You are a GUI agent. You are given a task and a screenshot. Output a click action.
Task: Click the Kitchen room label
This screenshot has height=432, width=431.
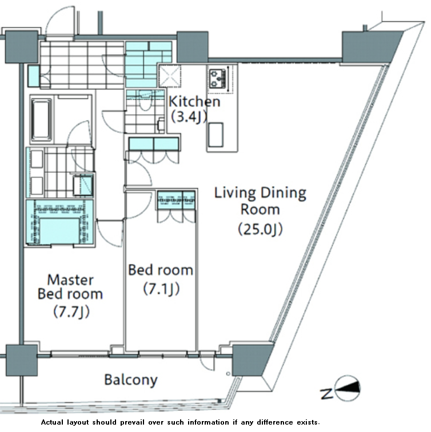(194, 102)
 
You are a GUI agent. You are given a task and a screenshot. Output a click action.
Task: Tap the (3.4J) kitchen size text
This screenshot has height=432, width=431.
(189, 117)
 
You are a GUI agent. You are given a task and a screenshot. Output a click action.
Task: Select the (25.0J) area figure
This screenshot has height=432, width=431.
(260, 229)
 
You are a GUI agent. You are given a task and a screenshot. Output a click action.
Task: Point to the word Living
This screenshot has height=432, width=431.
(235, 193)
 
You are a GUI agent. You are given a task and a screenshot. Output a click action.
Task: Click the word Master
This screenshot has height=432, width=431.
(70, 280)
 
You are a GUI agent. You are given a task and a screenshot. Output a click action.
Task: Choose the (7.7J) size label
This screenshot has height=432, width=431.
(71, 312)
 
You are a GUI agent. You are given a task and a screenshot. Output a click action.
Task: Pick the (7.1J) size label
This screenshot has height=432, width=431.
(161, 289)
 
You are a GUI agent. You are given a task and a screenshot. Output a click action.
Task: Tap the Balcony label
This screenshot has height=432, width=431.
(131, 380)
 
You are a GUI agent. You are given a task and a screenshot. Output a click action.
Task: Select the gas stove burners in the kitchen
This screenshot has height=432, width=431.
(217, 78)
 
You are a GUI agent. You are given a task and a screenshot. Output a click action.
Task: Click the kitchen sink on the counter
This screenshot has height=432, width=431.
(215, 135)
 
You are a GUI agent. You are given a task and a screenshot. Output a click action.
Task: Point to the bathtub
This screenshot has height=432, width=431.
(41, 120)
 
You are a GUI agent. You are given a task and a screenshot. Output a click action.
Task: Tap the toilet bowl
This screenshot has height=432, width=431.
(145, 99)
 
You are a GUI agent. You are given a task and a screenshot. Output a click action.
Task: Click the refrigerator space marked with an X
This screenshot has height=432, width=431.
(170, 75)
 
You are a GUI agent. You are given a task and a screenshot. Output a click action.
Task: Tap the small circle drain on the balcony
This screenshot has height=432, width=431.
(228, 374)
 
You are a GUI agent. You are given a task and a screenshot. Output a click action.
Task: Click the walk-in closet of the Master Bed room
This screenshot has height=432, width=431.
(59, 222)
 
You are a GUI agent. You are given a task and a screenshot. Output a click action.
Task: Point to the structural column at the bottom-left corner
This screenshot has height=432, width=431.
(22, 360)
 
